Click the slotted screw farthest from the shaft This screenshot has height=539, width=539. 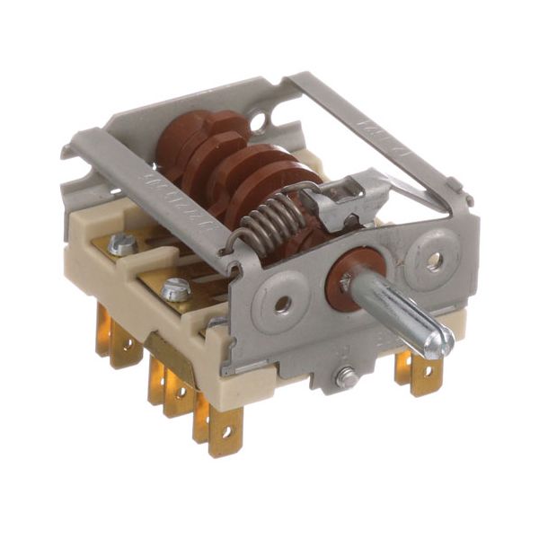tap(122, 243)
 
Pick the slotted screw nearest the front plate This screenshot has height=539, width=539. tap(177, 289)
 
